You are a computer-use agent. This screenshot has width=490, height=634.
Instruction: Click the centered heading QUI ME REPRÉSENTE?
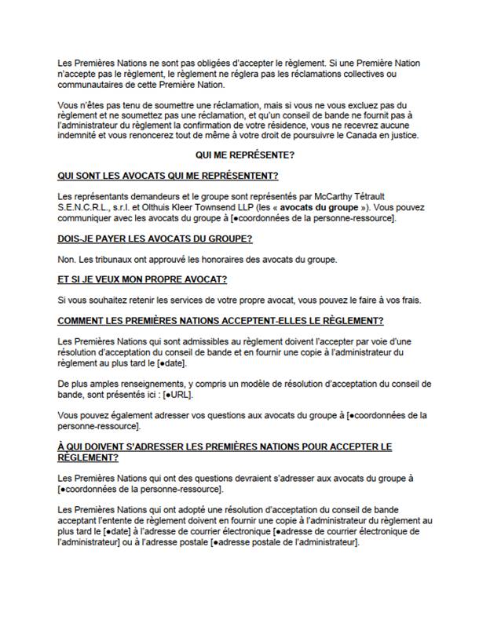(x=245, y=155)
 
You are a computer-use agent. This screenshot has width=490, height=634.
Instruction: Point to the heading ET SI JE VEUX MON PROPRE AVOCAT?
(x=148, y=279)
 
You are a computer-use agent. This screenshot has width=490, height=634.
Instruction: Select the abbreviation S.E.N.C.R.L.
(x=86, y=207)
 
